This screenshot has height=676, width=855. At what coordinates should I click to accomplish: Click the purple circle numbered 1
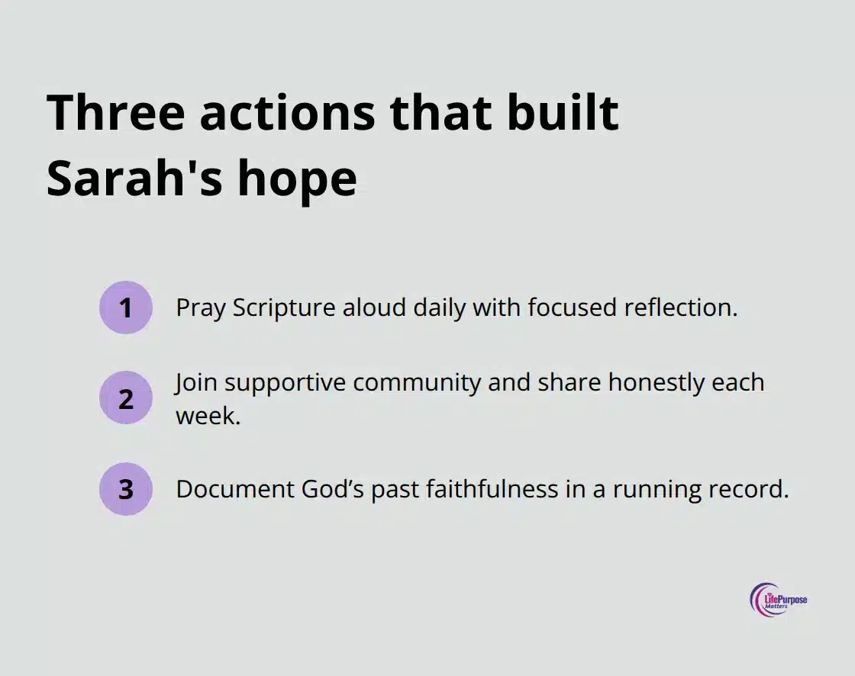pyautogui.click(x=126, y=307)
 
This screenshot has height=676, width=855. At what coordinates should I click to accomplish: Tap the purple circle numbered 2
pyautogui.click(x=126, y=398)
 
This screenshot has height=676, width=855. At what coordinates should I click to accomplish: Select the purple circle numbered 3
pyautogui.click(x=126, y=489)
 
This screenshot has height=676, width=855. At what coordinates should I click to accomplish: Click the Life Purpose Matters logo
pyautogui.click(x=779, y=600)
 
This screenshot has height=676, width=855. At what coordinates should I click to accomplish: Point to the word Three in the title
pyautogui.click(x=115, y=113)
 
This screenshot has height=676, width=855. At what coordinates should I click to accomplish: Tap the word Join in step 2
pyautogui.click(x=196, y=381)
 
